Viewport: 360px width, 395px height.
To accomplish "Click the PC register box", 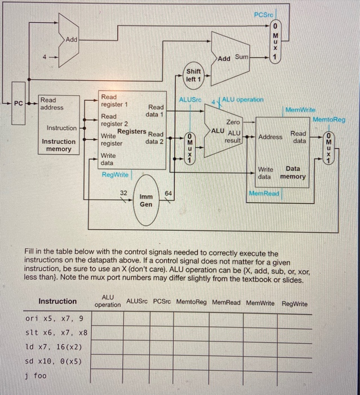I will point(19,103).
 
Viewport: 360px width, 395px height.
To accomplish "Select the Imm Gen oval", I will point(146,200).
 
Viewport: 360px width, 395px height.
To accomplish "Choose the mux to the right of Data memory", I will point(329,148).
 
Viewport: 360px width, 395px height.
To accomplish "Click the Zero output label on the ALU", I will point(232,122).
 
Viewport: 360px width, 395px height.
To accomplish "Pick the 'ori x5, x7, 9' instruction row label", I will point(54,318).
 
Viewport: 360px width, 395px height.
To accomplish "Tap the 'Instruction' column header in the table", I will point(57,301).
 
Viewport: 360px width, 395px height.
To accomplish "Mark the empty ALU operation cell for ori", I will point(107,318).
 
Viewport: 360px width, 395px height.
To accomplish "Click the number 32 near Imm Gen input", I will point(123,192).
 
